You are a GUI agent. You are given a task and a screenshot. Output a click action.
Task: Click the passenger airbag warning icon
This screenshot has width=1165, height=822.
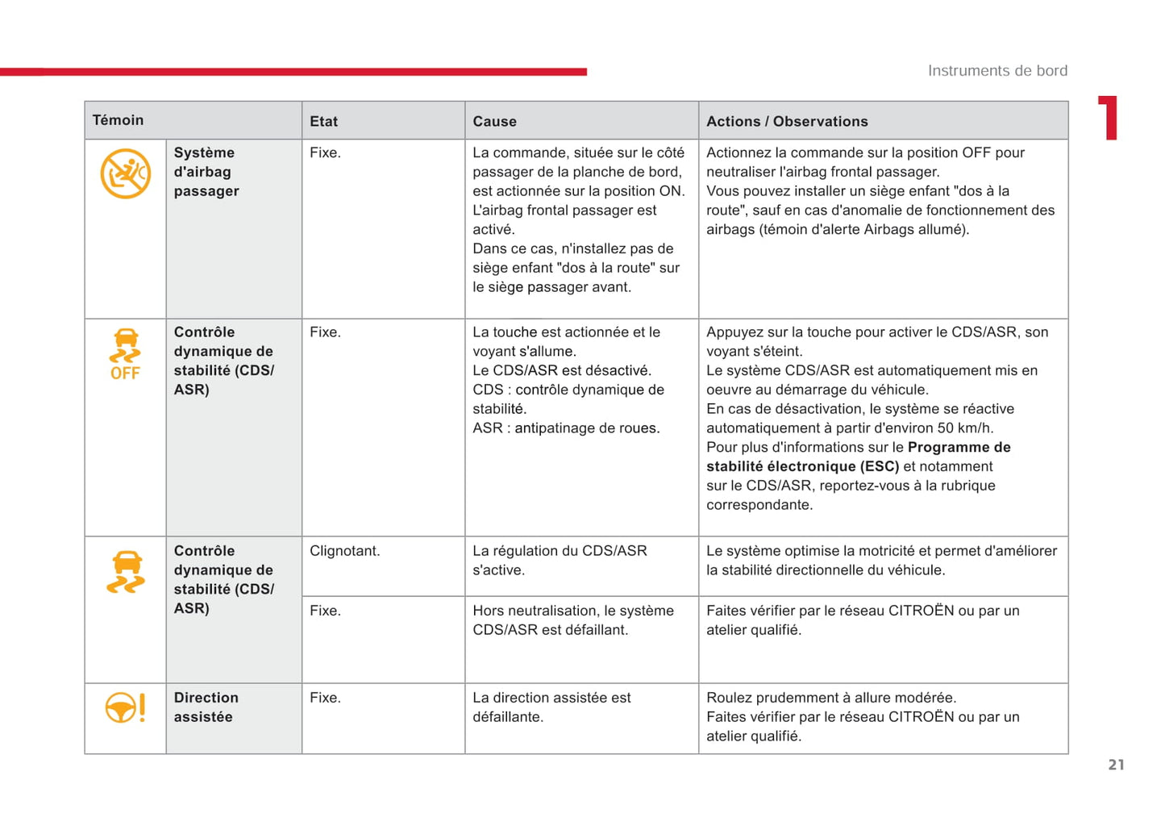(x=125, y=173)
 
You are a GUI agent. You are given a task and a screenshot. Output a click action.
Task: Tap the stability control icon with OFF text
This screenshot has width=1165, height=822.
(x=125, y=354)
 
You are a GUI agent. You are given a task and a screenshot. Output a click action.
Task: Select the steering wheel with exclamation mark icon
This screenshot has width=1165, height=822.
(x=125, y=708)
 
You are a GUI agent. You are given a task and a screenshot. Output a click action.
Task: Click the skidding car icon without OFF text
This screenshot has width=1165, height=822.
(x=126, y=572)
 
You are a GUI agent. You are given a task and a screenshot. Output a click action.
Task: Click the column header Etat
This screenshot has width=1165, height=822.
(x=323, y=122)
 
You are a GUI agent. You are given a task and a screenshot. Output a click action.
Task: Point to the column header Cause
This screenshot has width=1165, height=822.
(x=494, y=122)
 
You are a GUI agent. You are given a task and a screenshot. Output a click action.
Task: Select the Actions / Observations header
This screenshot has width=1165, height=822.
(x=787, y=122)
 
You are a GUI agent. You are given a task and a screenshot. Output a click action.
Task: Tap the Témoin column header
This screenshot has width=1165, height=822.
(x=118, y=120)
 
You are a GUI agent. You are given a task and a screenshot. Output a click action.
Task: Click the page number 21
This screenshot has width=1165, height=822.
(x=1116, y=765)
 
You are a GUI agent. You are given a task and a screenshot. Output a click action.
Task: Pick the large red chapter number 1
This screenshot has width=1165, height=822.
(x=1109, y=118)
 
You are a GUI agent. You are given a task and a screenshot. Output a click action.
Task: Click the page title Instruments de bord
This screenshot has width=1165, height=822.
(x=997, y=71)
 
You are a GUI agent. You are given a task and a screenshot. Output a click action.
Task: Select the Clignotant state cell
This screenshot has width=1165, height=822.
(x=344, y=551)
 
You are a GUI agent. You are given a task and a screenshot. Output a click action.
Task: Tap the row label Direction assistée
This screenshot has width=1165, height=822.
(x=206, y=707)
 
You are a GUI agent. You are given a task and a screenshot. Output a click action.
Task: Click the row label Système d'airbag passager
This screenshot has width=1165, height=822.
(x=206, y=172)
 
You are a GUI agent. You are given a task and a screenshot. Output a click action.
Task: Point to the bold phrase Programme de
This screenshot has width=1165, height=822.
(x=959, y=448)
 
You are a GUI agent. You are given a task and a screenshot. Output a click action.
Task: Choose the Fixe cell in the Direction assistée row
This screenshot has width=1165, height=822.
(x=325, y=698)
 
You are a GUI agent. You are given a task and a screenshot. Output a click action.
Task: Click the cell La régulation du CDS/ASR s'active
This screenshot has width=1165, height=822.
(x=560, y=561)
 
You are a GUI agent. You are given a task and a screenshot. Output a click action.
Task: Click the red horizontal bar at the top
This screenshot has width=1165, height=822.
(x=293, y=72)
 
